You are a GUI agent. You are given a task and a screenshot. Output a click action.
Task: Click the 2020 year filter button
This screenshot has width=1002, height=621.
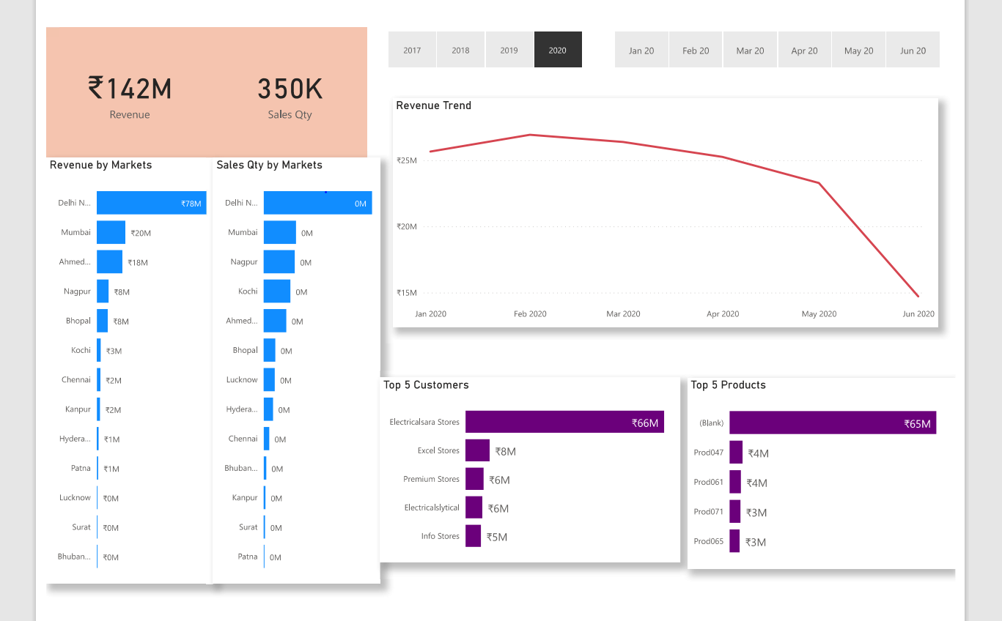pyautogui.click(x=558, y=50)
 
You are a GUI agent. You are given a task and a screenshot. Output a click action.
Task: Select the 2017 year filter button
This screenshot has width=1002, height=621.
pyautogui.click(x=412, y=50)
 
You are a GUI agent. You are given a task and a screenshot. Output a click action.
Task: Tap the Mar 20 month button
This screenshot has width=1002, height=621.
pyautogui.click(x=750, y=50)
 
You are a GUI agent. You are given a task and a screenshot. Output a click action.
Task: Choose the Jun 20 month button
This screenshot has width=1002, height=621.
pyautogui.click(x=913, y=50)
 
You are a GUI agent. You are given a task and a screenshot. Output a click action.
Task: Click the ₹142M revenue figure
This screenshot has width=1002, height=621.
pyautogui.click(x=130, y=89)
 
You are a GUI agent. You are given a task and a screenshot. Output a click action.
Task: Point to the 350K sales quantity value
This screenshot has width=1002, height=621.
pyautogui.click(x=290, y=89)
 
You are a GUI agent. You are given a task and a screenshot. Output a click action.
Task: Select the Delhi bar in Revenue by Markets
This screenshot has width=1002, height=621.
pyautogui.click(x=151, y=203)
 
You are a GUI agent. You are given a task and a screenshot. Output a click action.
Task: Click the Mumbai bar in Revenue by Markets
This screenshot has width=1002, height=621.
pyautogui.click(x=111, y=232)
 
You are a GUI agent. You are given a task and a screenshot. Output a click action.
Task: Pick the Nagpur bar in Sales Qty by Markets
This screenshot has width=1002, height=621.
pyautogui.click(x=279, y=261)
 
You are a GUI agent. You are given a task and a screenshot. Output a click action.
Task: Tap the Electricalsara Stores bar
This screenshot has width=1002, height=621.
pyautogui.click(x=564, y=422)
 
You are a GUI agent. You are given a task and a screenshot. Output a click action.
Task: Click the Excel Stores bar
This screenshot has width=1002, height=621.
pyautogui.click(x=477, y=450)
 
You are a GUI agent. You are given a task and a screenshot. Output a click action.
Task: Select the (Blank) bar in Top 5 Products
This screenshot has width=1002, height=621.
pyautogui.click(x=832, y=423)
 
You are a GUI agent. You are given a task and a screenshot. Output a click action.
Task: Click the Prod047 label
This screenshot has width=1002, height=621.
pyautogui.click(x=708, y=453)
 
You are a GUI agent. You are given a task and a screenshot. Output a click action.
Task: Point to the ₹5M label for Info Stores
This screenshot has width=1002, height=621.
pyautogui.click(x=496, y=537)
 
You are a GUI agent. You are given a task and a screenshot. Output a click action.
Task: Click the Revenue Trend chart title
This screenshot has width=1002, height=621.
pyautogui.click(x=433, y=105)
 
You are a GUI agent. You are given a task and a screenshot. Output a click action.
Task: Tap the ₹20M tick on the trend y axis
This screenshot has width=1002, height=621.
pyautogui.click(x=407, y=226)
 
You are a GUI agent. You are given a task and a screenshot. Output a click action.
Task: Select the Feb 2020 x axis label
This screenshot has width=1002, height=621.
pyautogui.click(x=529, y=313)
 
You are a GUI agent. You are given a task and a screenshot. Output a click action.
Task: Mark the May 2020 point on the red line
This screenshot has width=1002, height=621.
pyautogui.click(x=819, y=183)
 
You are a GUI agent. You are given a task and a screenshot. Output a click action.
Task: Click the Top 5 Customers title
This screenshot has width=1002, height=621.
pyautogui.click(x=426, y=385)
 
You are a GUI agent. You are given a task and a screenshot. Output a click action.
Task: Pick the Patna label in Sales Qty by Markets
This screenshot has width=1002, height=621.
pyautogui.click(x=248, y=557)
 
